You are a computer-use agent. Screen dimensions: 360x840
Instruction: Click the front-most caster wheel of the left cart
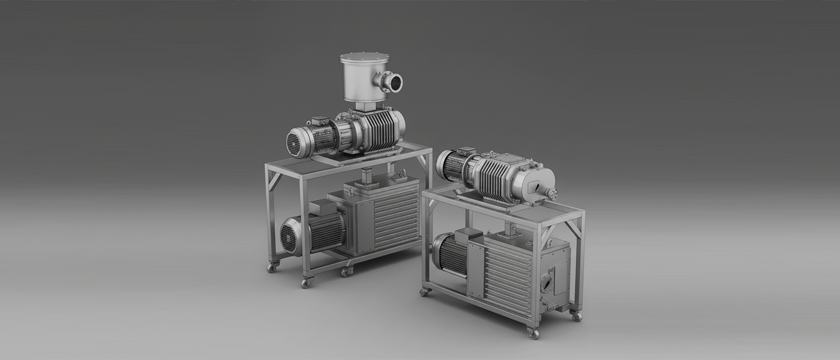coord(307,282)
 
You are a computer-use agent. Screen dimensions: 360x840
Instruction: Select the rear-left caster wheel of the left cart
coord(272,267)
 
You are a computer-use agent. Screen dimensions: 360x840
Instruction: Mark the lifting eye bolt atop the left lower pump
coord(401,174)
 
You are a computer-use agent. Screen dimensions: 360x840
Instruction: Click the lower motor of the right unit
coord(449,253)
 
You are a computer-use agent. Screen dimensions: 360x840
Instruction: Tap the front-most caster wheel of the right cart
coord(533,333)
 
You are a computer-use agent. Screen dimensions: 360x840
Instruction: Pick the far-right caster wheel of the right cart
coord(576,316)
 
